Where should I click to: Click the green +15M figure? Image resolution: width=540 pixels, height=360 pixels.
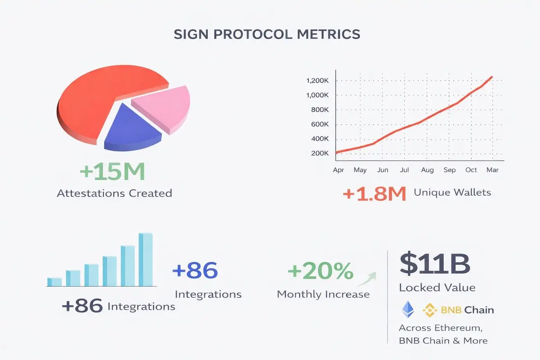click(112, 171)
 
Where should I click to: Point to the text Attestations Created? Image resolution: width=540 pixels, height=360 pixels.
click(114, 193)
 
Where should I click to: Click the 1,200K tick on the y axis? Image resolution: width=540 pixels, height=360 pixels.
click(318, 81)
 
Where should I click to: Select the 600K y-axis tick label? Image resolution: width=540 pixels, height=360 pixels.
click(320, 124)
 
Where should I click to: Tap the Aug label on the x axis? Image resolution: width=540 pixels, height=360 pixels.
click(427, 171)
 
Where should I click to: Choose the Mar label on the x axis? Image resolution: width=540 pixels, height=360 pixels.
click(492, 171)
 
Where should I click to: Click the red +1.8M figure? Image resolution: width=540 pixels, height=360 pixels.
click(374, 194)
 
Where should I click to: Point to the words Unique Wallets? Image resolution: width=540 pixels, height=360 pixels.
click(452, 193)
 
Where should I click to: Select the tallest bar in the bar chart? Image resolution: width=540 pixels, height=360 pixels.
click(145, 260)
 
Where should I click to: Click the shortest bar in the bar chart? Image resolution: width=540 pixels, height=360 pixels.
click(54, 282)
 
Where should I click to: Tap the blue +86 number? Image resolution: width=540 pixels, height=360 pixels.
click(195, 271)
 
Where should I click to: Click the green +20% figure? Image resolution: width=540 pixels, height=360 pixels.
click(320, 271)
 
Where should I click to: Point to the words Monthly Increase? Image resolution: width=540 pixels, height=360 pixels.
click(323, 294)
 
